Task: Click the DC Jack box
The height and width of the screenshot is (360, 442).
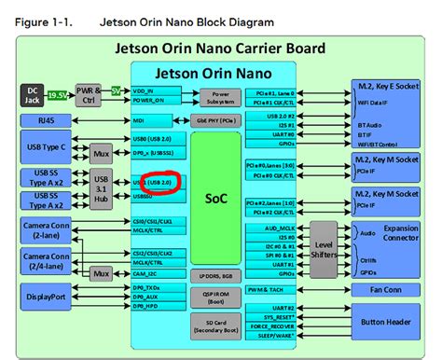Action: coord(33,93)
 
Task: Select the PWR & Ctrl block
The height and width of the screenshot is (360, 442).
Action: coord(89,93)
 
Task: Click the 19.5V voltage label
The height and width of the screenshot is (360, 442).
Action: coord(59,94)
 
